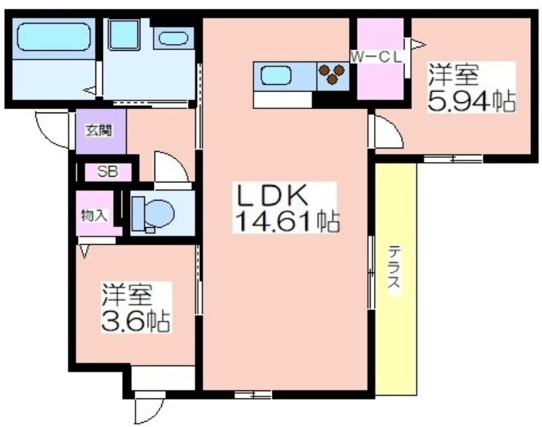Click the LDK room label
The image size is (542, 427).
click(272, 195)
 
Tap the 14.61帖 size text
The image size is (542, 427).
click(287, 220)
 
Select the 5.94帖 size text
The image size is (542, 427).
click(472, 100)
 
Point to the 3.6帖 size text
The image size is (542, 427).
click(135, 321)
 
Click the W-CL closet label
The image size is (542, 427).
click(377, 57)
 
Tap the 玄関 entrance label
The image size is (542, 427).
click(100, 131)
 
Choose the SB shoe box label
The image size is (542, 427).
click(108, 171)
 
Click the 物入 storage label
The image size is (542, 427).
click(94, 216)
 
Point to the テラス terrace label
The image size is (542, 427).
click(394, 266)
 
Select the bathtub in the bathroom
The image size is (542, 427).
click(54, 37)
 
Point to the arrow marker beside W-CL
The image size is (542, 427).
click(418, 45)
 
